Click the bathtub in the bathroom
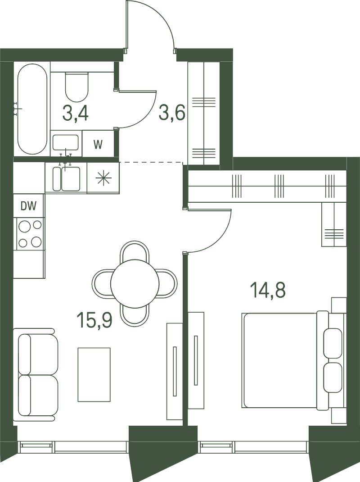coord(32,109)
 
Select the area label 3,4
coord(75,113)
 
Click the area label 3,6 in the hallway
coord(172,113)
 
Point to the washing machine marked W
coord(98,144)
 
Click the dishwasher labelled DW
coord(28,206)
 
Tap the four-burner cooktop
coord(30,234)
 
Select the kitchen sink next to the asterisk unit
coord(66,178)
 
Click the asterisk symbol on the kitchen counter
coord(103,178)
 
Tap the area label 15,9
coord(94,320)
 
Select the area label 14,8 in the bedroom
coord(268,290)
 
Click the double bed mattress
coord(279,360)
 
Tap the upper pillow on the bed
coord(333,343)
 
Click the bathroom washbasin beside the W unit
coord(65,143)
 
